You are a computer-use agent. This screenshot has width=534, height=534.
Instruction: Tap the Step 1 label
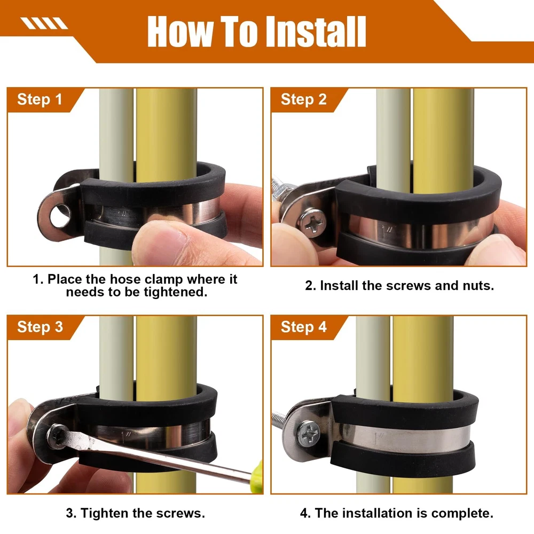coord(40,99)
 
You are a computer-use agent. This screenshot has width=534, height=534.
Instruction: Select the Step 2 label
coord(303,99)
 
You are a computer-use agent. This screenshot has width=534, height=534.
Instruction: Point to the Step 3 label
coord(40,327)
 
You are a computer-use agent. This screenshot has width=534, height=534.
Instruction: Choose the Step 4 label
coord(303,327)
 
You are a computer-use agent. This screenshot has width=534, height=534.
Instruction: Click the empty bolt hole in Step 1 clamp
coord(60,216)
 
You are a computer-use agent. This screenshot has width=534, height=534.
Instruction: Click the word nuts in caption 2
coord(478,286)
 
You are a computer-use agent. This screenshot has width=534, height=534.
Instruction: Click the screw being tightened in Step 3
coord(57,436)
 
